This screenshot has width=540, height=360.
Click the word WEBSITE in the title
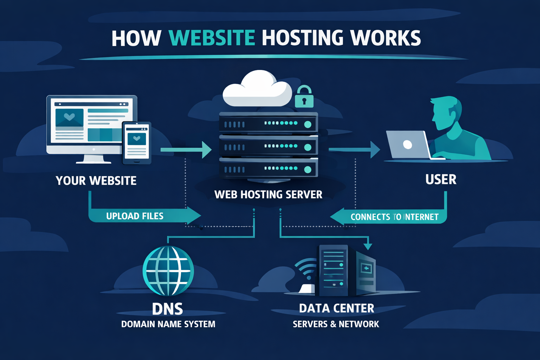212,38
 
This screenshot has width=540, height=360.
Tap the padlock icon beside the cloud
304,97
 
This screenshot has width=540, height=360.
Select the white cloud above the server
257,90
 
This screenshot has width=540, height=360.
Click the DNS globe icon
168,270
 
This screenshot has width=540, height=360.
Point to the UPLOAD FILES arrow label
135,216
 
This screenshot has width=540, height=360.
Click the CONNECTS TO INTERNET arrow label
394,217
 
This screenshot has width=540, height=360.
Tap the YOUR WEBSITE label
96,181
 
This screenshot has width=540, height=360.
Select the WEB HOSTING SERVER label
268,194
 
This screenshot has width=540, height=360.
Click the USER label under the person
441,180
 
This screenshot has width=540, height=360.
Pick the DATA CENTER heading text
336,308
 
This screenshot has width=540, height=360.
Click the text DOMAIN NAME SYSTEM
168,324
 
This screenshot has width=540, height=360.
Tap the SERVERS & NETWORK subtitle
336,324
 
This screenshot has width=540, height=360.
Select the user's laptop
408,145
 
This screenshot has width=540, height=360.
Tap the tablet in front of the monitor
136,142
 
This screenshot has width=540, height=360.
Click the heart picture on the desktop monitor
69,117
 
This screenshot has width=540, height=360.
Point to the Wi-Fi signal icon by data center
305,271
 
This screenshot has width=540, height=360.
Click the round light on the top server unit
308,124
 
